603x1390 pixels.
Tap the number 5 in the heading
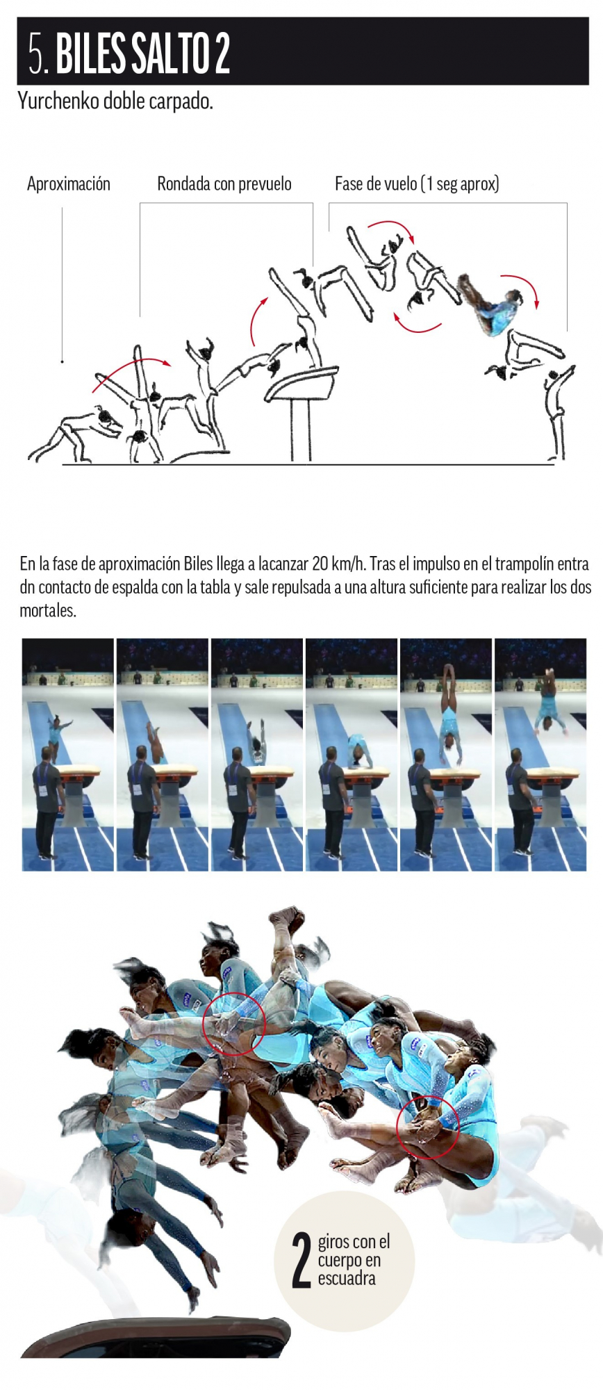click(x=36, y=54)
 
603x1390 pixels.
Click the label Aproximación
click(x=69, y=184)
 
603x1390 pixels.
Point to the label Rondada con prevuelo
click(x=224, y=184)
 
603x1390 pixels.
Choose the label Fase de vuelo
click(x=377, y=184)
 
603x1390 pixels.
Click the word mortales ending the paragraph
click(x=47, y=611)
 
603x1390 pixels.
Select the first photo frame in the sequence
click(x=68, y=755)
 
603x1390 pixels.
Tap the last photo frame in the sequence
click(x=540, y=755)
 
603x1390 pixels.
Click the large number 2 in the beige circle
click(x=301, y=1260)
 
